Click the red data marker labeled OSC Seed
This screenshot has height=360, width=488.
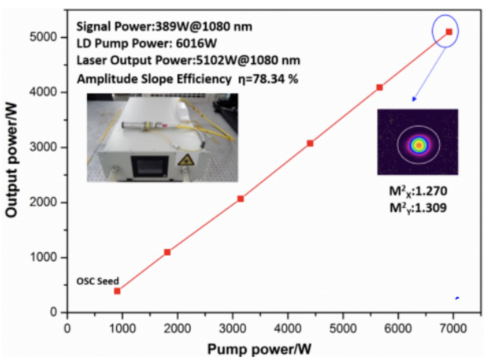117,291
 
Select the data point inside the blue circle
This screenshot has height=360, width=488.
449,32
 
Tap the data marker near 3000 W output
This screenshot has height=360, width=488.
310,143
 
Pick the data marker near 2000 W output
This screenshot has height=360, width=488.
240,199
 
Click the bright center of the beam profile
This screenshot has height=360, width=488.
418,145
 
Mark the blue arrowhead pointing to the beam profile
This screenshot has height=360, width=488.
414,99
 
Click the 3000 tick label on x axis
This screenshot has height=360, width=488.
233,329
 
